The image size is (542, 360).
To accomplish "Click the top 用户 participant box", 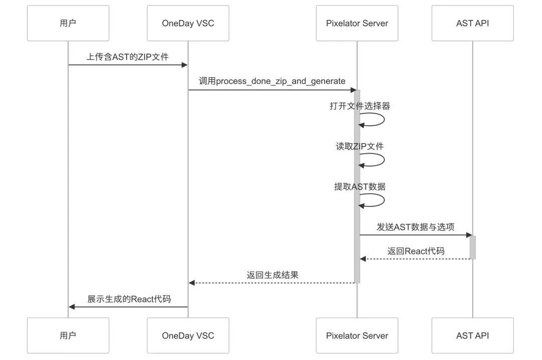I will (x=68, y=23).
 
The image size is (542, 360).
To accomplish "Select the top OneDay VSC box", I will (x=188, y=23).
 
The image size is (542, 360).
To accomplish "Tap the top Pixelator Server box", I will (x=357, y=23).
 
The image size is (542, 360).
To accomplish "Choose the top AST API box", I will (x=472, y=23).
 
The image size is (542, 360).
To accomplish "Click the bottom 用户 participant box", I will (x=68, y=335).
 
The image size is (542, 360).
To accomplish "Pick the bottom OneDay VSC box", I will (x=188, y=335).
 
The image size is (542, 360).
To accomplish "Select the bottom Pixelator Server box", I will (x=357, y=335).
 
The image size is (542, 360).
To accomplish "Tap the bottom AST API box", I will (x=472, y=335).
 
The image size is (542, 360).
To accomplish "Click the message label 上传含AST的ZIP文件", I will (x=127, y=57).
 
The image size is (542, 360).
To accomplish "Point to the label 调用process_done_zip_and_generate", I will (x=272, y=81).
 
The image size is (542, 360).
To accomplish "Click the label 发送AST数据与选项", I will (x=416, y=227).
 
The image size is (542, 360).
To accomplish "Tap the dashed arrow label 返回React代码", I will (x=416, y=251).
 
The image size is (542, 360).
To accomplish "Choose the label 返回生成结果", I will (x=273, y=275).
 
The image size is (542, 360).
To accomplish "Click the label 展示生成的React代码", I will (x=129, y=299).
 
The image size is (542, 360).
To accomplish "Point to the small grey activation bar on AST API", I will (x=472, y=247).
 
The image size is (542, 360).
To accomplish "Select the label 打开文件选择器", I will (x=360, y=106).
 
